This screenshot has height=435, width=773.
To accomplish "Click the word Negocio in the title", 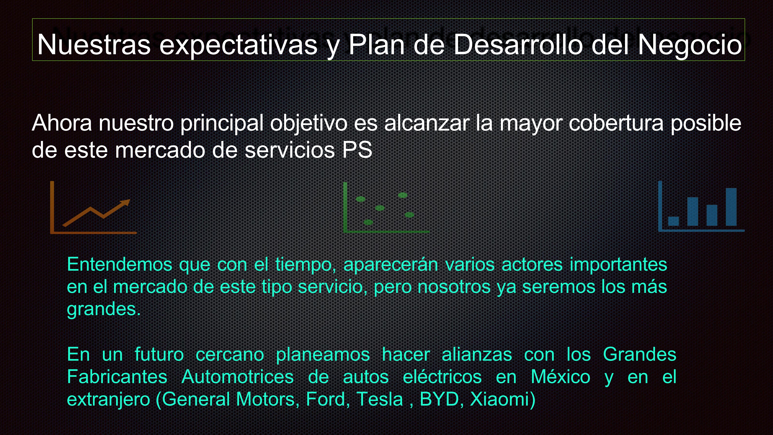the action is (690, 45).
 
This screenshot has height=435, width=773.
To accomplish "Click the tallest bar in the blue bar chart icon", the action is (731, 207).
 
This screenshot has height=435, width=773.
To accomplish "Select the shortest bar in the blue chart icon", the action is (673, 221).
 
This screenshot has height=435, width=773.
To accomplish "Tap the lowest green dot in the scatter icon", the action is (368, 222).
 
